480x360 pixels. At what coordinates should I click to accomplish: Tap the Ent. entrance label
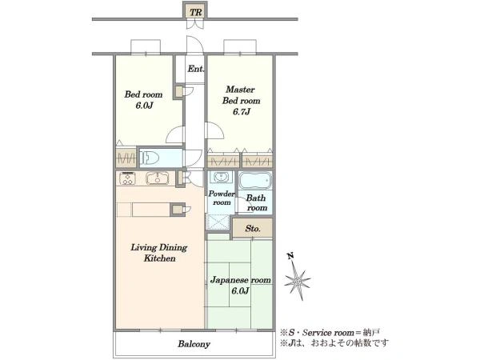click(195, 69)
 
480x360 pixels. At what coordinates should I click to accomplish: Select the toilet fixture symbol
click(150, 158)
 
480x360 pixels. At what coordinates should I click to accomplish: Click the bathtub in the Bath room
click(255, 181)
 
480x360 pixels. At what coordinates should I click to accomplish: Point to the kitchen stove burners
click(127, 178)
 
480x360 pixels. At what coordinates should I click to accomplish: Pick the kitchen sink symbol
click(158, 178)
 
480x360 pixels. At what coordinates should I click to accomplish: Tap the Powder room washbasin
click(220, 177)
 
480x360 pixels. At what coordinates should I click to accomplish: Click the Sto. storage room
click(253, 228)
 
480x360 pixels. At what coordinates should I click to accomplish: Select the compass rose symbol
click(298, 280)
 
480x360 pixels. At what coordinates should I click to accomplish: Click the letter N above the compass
click(291, 256)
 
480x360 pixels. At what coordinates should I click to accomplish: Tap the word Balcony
click(194, 344)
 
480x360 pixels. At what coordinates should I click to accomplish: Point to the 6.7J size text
click(242, 112)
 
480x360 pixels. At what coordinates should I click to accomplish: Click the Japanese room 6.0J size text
click(240, 291)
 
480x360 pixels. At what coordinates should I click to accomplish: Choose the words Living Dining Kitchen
click(159, 253)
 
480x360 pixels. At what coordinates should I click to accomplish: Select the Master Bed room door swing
click(215, 130)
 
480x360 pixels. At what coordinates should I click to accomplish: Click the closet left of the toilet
click(126, 158)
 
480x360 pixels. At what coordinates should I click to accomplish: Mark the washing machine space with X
click(218, 222)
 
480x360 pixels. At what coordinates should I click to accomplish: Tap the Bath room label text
click(257, 202)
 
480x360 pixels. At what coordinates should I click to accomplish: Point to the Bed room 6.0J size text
click(144, 106)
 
